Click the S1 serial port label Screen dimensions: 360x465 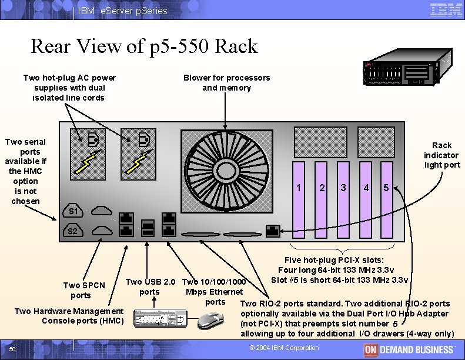coord(73,211)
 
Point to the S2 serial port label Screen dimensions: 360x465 coord(73,231)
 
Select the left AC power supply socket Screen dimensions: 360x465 coord(92,140)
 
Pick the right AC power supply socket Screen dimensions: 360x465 coord(143,140)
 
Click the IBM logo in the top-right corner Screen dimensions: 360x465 coord(446,10)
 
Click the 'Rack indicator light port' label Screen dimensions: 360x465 coord(441,155)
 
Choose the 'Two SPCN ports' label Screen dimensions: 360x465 coord(84,290)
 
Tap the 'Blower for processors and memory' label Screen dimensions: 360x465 coord(226,82)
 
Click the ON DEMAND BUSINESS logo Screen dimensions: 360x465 coord(409,349)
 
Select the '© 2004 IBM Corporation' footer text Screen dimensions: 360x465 coord(284,348)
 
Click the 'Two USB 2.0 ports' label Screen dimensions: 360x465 coord(150,286)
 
